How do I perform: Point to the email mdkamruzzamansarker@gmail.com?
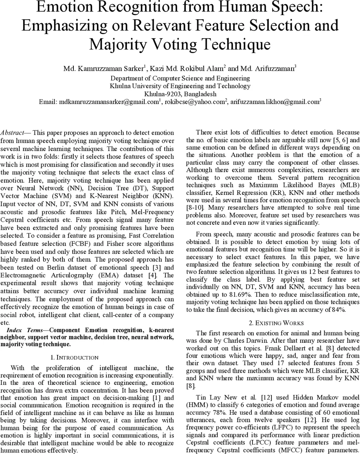[108, 102]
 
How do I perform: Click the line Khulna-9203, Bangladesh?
[180, 94]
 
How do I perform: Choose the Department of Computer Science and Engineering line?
[180, 78]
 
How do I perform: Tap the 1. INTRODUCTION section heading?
[74, 358]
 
